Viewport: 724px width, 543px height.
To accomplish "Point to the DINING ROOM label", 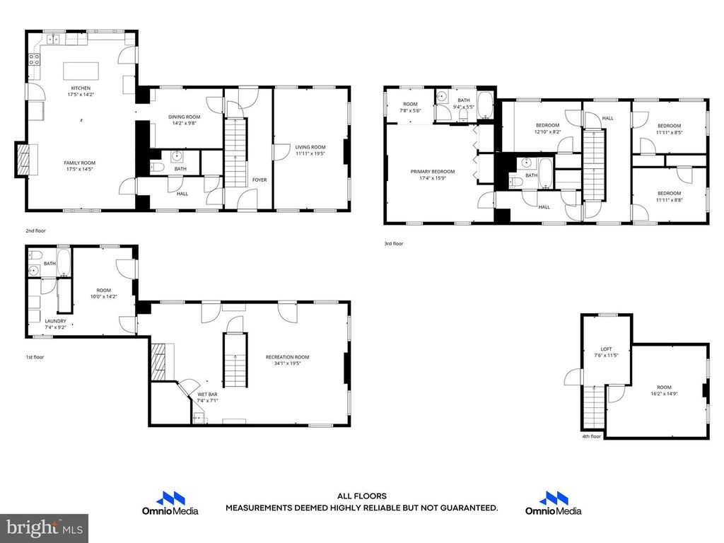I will [184, 117].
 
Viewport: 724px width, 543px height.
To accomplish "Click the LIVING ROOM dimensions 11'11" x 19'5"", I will [310, 153].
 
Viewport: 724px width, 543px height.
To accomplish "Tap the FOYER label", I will [259, 180].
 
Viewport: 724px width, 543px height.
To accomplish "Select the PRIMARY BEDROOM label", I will [433, 171].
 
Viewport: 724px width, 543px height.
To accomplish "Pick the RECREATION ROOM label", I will [287, 357].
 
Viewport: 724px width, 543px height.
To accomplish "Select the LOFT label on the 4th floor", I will [606, 349].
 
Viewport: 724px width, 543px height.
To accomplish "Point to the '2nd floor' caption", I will [35, 230].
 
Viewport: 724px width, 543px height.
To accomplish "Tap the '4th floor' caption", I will [590, 436].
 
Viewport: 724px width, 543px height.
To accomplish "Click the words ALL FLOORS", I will [361, 496].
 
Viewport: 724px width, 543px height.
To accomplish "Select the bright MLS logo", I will [44, 527].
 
